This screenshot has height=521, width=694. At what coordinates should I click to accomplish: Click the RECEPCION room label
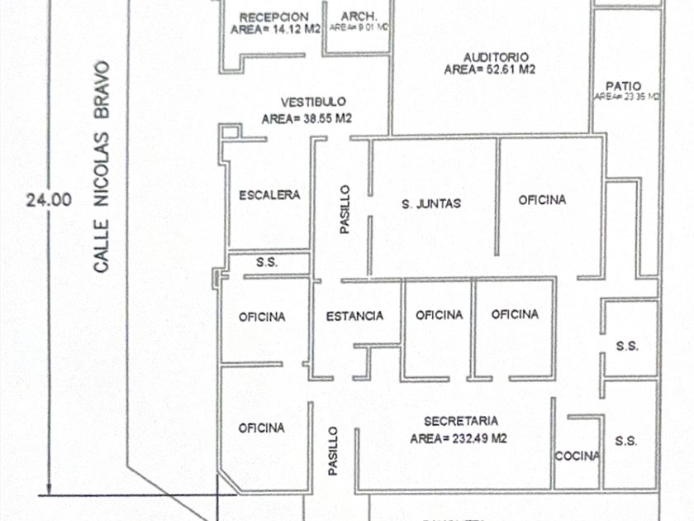click(x=273, y=17)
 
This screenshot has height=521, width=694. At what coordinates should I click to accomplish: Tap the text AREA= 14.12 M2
click(x=273, y=31)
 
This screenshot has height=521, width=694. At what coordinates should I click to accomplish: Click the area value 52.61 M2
click(x=490, y=70)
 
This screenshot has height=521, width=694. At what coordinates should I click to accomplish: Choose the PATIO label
click(x=623, y=85)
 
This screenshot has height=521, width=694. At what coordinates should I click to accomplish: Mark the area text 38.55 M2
click(x=307, y=119)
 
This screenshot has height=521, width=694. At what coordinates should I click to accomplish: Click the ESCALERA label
click(x=269, y=196)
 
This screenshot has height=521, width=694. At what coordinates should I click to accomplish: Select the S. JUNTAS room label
click(x=431, y=203)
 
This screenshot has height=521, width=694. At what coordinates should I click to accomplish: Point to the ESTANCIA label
click(x=354, y=316)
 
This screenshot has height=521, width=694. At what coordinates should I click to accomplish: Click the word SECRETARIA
click(x=458, y=420)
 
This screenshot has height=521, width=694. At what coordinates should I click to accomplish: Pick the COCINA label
click(x=577, y=456)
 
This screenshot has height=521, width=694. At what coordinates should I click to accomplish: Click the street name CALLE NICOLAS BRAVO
click(x=101, y=166)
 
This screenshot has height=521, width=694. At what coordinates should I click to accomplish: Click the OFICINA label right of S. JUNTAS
click(x=542, y=200)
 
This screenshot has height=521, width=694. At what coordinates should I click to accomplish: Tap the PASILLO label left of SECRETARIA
click(x=333, y=451)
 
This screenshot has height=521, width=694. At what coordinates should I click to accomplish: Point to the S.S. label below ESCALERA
click(x=266, y=262)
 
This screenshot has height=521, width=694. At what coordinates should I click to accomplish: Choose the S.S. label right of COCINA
click(x=626, y=442)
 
